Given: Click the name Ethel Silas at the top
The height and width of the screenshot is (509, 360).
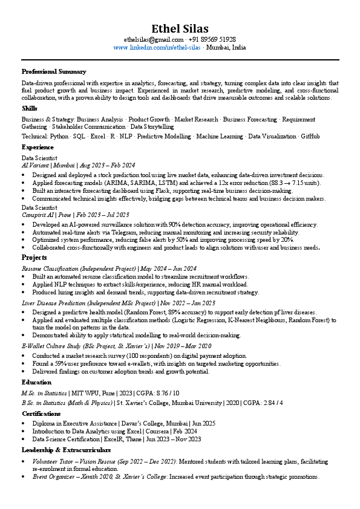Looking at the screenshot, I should [180, 28].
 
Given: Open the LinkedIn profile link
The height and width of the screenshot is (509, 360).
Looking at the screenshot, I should [157, 47].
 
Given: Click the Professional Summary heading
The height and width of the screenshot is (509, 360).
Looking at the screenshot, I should [54, 72].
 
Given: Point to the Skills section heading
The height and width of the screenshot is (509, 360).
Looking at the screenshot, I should [30, 108].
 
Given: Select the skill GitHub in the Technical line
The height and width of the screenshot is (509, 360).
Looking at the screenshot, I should [310, 137].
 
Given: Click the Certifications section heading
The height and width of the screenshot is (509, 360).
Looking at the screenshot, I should [41, 413].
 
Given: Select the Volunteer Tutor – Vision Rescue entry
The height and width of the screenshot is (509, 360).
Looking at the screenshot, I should [72, 461].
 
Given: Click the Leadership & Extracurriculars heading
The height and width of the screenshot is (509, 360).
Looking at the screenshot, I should [66, 450].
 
